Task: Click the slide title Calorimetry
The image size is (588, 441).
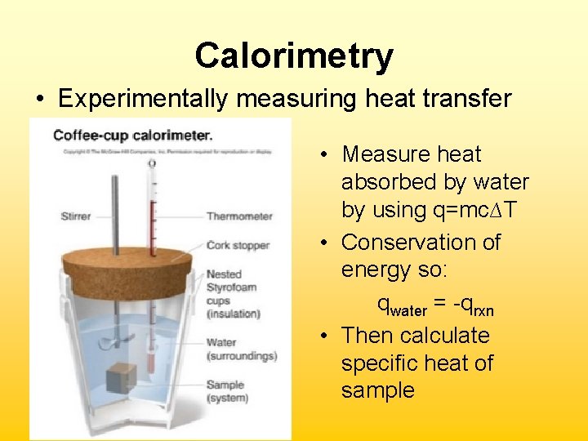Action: [294, 56]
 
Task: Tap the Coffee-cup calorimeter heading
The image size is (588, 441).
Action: [133, 135]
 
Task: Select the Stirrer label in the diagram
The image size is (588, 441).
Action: [75, 216]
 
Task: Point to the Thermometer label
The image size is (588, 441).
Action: [239, 216]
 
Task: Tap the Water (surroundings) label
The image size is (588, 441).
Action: [241, 349]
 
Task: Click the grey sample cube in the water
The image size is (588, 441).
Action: [121, 377]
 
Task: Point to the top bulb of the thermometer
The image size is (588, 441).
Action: [152, 163]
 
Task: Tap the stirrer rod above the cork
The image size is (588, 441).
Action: [114, 204]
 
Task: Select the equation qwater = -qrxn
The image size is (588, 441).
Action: [435, 305]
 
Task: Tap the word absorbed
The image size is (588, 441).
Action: [389, 182]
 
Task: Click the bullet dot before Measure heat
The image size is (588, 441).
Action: [324, 155]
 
